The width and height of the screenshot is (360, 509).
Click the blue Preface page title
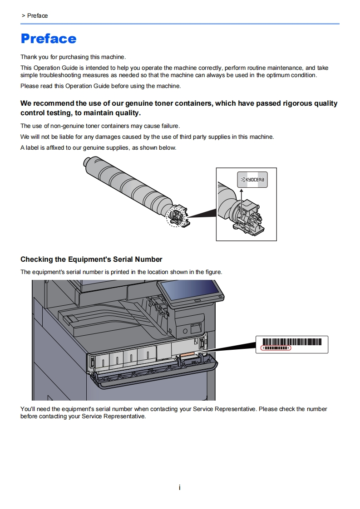[x=49, y=39]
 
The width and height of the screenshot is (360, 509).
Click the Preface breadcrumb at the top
[x=37, y=16]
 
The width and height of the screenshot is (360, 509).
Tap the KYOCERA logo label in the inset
[x=252, y=180]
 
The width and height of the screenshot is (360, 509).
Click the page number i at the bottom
[x=180, y=488]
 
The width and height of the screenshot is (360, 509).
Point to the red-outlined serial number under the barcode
[x=276, y=348]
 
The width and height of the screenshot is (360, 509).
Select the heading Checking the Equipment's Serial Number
[x=91, y=259]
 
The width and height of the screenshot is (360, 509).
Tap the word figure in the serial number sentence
[x=212, y=272]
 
